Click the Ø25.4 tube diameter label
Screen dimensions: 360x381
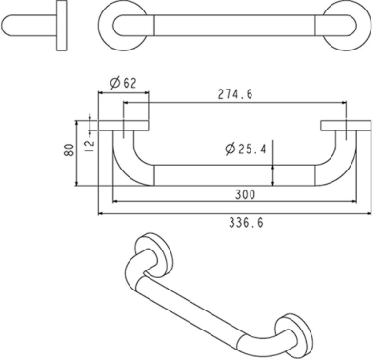[x=245, y=149]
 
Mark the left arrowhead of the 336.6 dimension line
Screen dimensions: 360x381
[x=101, y=214]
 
